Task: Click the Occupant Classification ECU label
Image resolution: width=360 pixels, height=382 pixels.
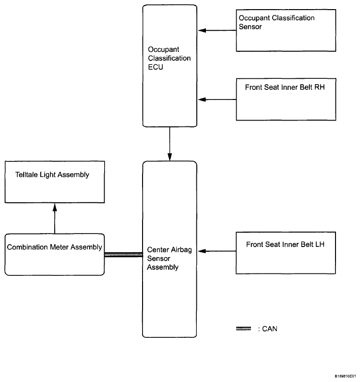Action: (x=169, y=58)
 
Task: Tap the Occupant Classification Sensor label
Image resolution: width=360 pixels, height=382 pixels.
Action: (x=276, y=22)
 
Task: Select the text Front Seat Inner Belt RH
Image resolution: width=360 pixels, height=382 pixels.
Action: (x=285, y=87)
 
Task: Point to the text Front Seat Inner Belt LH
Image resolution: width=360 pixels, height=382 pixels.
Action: (x=285, y=245)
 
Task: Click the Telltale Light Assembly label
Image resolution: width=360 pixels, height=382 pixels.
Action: (x=52, y=175)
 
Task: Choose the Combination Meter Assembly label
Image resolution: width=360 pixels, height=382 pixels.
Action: (x=55, y=247)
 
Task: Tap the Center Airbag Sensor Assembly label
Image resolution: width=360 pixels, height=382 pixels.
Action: (x=169, y=258)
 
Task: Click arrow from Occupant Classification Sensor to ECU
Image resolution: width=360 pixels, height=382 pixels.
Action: (x=217, y=30)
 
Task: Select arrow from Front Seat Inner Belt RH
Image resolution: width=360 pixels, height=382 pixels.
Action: (x=217, y=99)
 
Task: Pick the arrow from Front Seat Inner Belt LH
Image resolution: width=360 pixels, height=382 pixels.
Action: (x=217, y=251)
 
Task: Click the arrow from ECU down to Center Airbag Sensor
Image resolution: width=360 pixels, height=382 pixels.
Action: (x=169, y=144)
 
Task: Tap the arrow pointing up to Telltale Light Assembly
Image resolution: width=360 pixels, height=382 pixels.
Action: (x=55, y=219)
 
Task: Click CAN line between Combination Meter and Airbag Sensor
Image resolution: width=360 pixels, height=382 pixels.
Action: (x=123, y=255)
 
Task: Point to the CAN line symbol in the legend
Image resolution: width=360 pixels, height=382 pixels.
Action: (x=243, y=329)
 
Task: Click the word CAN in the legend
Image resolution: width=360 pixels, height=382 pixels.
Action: (x=270, y=329)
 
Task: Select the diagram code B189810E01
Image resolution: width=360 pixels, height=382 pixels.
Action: (x=345, y=376)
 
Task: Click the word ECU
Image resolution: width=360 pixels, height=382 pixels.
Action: (x=156, y=67)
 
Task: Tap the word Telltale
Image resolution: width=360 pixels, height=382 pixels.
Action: (x=26, y=174)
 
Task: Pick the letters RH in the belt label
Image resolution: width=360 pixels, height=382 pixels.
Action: (x=320, y=87)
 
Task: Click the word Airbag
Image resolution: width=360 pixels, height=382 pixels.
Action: (x=181, y=250)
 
